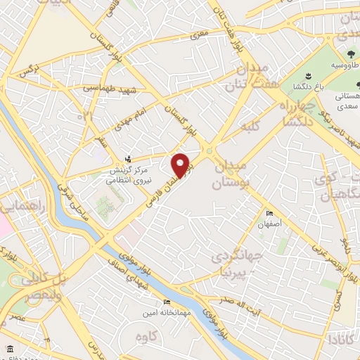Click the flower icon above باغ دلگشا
click(x=307, y=76)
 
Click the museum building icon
click(x=9, y=349)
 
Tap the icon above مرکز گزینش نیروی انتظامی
click(x=127, y=159)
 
